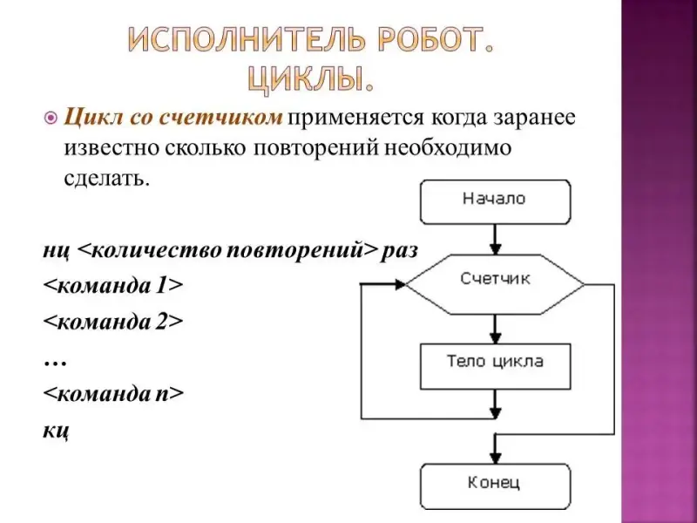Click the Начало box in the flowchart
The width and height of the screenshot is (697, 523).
coord(494,200)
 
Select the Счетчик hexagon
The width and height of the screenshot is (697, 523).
coord(495,281)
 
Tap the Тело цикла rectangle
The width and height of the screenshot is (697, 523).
coord(495,363)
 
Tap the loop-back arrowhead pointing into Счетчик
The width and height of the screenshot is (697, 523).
coord(400,283)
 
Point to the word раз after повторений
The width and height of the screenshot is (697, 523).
coord(400,250)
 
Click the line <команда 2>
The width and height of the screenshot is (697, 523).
coord(114,321)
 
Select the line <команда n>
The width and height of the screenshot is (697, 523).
coord(114,393)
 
